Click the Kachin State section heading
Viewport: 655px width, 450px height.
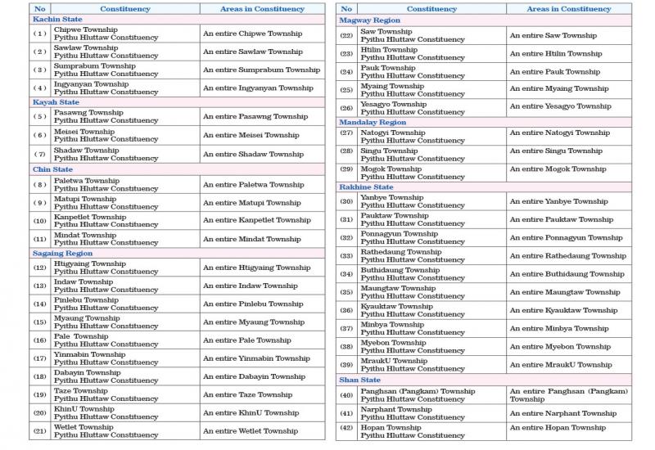pos(56,19)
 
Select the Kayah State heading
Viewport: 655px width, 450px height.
pos(56,102)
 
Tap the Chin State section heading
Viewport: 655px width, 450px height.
pos(53,169)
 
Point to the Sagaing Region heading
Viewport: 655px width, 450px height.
pos(62,254)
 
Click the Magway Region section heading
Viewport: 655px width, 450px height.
pos(370,19)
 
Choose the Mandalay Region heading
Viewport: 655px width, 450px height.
pos(373,122)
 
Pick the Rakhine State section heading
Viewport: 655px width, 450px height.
pos(366,187)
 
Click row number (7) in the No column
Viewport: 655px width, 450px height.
pos(40,154)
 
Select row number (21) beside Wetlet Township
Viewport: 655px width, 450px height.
pos(40,431)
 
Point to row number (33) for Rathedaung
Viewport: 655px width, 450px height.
pos(346,256)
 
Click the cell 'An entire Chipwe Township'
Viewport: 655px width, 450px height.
pos(252,34)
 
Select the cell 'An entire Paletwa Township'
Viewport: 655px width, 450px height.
pos(253,185)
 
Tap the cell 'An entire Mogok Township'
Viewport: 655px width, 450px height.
pos(558,169)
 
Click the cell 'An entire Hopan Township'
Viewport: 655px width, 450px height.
pos(558,428)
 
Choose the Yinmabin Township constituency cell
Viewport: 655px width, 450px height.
pos(106,358)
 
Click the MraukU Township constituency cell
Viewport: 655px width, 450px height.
pos(401,365)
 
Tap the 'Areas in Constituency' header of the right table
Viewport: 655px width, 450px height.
pos(568,9)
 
